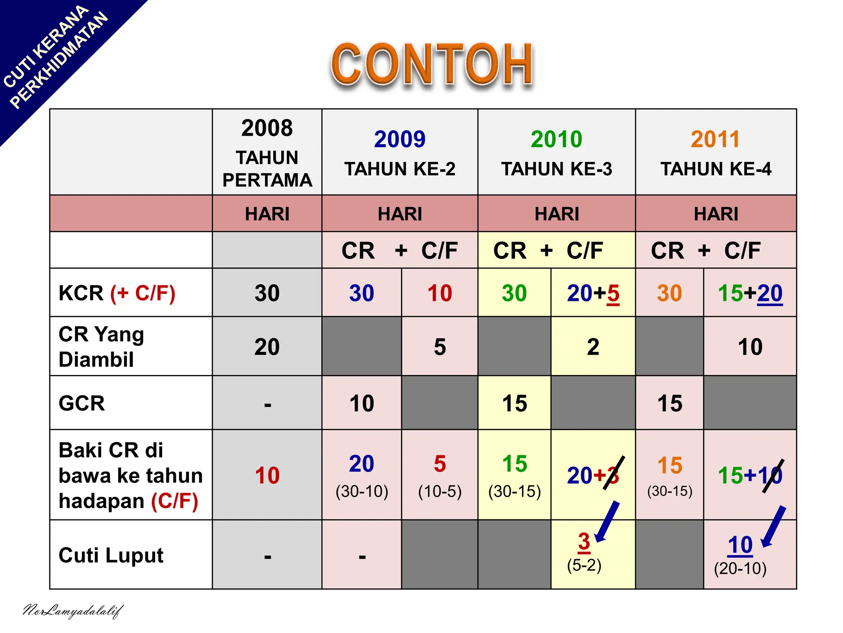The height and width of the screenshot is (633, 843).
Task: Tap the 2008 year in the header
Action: pos(267,128)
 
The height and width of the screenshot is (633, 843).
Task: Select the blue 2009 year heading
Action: pos(399,139)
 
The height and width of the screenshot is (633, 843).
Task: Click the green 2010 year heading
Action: pos(556,139)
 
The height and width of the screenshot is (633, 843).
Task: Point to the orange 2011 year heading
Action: pos(715,139)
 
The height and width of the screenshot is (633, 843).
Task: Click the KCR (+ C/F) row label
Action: pos(117,293)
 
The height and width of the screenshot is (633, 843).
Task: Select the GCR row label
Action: pos(82,403)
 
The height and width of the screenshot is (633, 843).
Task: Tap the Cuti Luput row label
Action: pos(111,555)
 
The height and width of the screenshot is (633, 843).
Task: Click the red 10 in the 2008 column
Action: pos(267,476)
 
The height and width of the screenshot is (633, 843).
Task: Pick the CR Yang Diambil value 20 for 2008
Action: pos(267,347)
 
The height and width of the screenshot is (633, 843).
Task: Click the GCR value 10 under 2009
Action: pos(361,403)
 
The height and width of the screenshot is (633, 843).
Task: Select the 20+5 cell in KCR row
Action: pos(593,293)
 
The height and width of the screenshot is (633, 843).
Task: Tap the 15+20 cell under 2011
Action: pos(750,293)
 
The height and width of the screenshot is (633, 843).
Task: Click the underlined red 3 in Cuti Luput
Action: pos(584,542)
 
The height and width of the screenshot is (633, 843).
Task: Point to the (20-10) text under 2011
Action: pos(740,569)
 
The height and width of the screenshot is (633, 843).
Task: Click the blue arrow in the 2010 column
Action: pos(607,522)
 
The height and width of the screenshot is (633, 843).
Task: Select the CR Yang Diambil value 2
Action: pos(593,347)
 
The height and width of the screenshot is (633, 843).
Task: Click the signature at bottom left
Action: pos(72,610)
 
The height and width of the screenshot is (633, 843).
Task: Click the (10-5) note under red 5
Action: pos(440,491)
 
